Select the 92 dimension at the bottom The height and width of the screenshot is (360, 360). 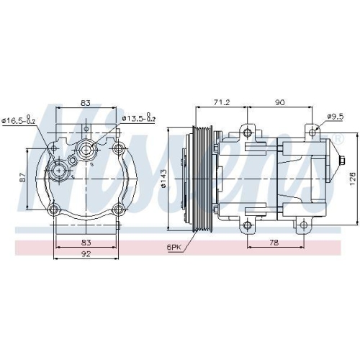[86, 253]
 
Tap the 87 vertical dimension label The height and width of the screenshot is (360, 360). [24, 178]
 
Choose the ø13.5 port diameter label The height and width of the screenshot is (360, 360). [139, 119]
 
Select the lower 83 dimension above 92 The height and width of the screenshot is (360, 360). [86, 243]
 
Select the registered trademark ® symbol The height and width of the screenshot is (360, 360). [338, 138]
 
